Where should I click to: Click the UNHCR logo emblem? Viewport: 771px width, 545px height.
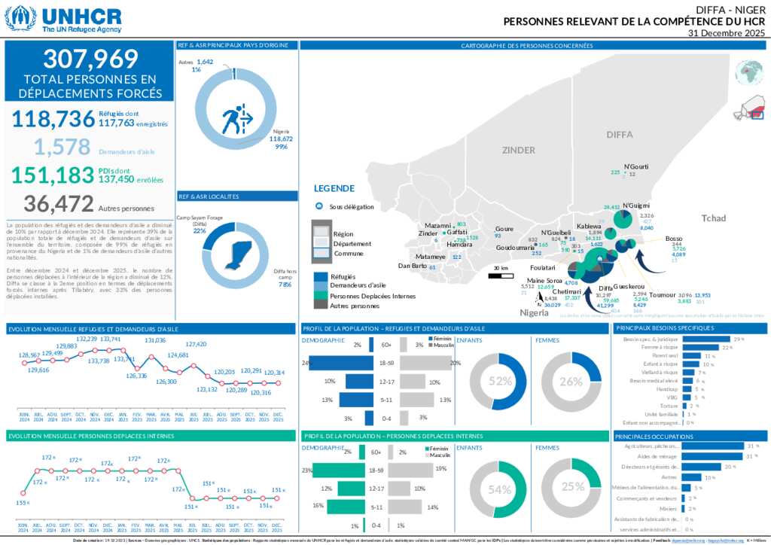(20, 18)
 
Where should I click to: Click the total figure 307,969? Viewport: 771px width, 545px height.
(90, 59)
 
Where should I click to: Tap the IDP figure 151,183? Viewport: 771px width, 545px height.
(53, 175)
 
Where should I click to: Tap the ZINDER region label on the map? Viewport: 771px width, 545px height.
(517, 150)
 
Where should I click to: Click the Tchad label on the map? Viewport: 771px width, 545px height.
(714, 218)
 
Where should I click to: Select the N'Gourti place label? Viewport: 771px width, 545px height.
(636, 166)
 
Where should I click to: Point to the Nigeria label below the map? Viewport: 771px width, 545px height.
(535, 312)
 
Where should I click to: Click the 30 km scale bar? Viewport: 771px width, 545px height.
(501, 276)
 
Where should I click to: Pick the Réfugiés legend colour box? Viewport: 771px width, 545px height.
(320, 276)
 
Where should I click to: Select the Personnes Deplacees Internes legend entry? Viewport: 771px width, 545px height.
(373, 296)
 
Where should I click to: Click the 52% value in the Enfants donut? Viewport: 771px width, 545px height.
(499, 381)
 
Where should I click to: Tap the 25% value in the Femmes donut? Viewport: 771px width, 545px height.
(572, 486)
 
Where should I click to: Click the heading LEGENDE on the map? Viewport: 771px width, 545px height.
(334, 188)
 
